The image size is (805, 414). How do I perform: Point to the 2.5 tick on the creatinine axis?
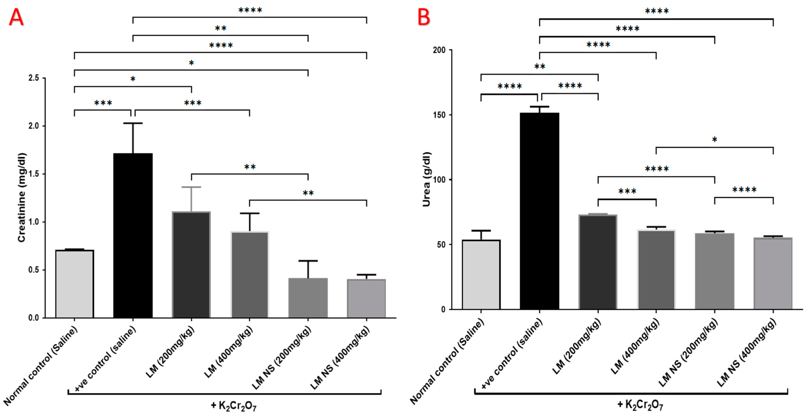[x=34, y=78]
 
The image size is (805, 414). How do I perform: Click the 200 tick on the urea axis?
[x=439, y=50]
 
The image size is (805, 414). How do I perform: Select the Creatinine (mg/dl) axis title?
[x=21, y=198]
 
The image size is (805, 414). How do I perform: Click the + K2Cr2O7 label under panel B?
[x=640, y=405]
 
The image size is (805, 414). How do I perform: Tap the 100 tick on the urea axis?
[x=439, y=180]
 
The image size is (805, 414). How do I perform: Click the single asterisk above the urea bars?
[x=714, y=140]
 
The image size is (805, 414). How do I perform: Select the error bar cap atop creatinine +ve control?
[x=133, y=123]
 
